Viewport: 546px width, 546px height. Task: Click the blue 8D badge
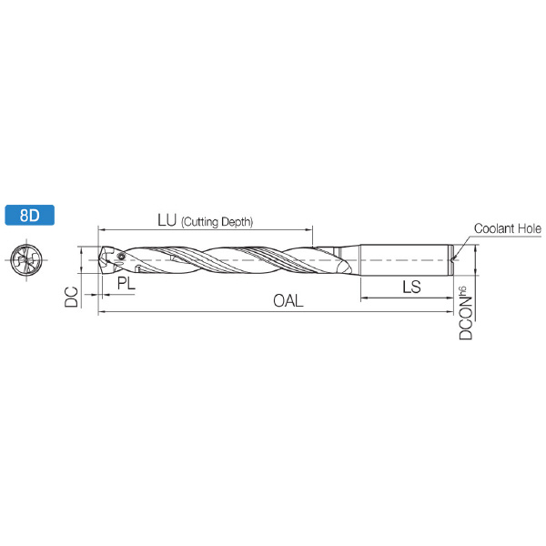[x=30, y=215]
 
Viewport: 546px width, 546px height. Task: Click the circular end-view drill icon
[x=26, y=259]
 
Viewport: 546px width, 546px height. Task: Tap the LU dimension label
[x=167, y=219]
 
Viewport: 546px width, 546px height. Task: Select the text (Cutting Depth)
[x=217, y=222]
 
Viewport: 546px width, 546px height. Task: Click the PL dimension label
[x=126, y=283]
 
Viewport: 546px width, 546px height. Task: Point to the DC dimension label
[x=72, y=297]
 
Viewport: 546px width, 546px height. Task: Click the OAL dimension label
[x=288, y=301]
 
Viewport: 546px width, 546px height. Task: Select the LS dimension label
[x=411, y=287]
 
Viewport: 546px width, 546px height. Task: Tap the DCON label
[x=466, y=318]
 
